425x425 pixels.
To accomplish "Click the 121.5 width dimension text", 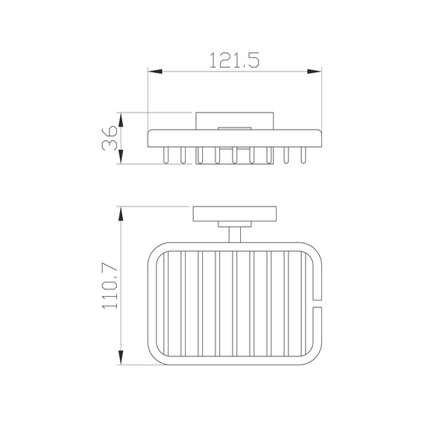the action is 235,60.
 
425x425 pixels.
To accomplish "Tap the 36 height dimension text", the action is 110,138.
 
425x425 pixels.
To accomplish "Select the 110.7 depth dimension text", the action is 110,287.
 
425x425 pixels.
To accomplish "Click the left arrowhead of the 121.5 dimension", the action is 155,72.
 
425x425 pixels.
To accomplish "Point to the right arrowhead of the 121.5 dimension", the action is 315,72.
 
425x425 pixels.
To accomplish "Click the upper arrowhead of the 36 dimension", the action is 121,120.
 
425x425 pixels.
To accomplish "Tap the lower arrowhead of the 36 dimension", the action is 121,157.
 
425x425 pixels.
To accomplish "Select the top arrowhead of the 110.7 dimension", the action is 121,214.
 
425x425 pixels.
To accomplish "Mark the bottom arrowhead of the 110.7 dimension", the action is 121,357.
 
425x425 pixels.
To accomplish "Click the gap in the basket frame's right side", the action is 318,303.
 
